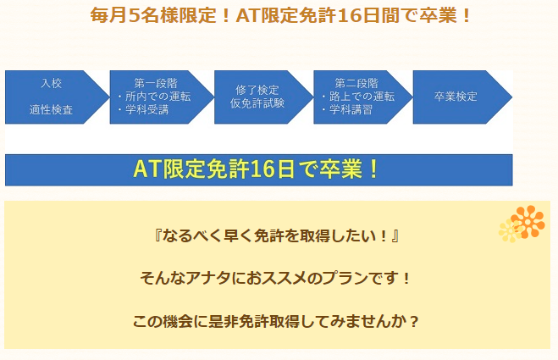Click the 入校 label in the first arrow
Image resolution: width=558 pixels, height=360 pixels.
[52, 83]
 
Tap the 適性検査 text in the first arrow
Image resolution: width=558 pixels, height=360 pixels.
[52, 109]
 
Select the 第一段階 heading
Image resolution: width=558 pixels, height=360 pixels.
[156, 83]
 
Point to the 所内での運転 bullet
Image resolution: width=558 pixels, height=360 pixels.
[154, 97]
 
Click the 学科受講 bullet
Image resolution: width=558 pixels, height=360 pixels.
[143, 109]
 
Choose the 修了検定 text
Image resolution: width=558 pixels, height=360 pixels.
[257, 90]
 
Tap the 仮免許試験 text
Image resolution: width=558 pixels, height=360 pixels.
[257, 103]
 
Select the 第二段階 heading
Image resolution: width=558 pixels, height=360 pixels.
[356, 83]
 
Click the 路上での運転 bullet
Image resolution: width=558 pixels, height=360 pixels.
[358, 97]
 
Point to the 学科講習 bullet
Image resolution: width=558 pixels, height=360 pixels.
[347, 109]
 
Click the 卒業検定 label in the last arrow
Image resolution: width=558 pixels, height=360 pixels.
[456, 97]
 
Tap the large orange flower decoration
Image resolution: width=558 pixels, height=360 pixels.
[528, 221]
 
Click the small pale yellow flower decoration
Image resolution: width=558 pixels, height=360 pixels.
[510, 230]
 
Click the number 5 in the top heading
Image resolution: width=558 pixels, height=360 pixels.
[133, 16]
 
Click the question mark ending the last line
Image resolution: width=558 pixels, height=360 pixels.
[413, 322]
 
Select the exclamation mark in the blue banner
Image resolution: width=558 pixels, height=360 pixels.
[373, 169]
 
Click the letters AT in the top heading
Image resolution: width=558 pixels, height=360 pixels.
[248, 16]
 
